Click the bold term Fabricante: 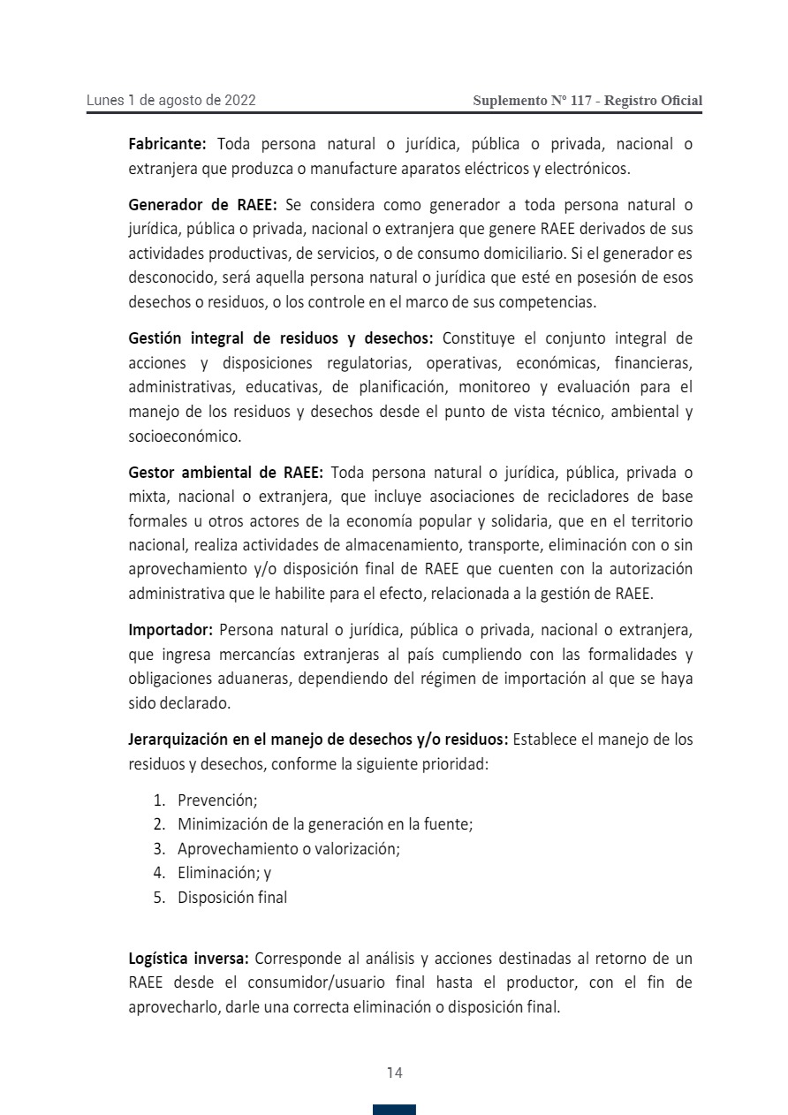(x=167, y=143)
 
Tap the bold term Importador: (x=170, y=630)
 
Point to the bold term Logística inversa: (x=188, y=958)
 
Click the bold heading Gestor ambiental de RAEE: (x=226, y=472)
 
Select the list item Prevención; (x=216, y=800)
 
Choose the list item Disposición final (x=231, y=897)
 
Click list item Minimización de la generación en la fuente (x=324, y=824)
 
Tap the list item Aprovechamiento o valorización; (x=288, y=848)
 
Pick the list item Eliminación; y (x=224, y=873)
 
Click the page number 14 (x=394, y=1073)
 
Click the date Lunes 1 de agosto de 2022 (x=170, y=100)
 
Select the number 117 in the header (x=581, y=101)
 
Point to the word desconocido (x=172, y=277)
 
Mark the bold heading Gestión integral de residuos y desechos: (x=281, y=338)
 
